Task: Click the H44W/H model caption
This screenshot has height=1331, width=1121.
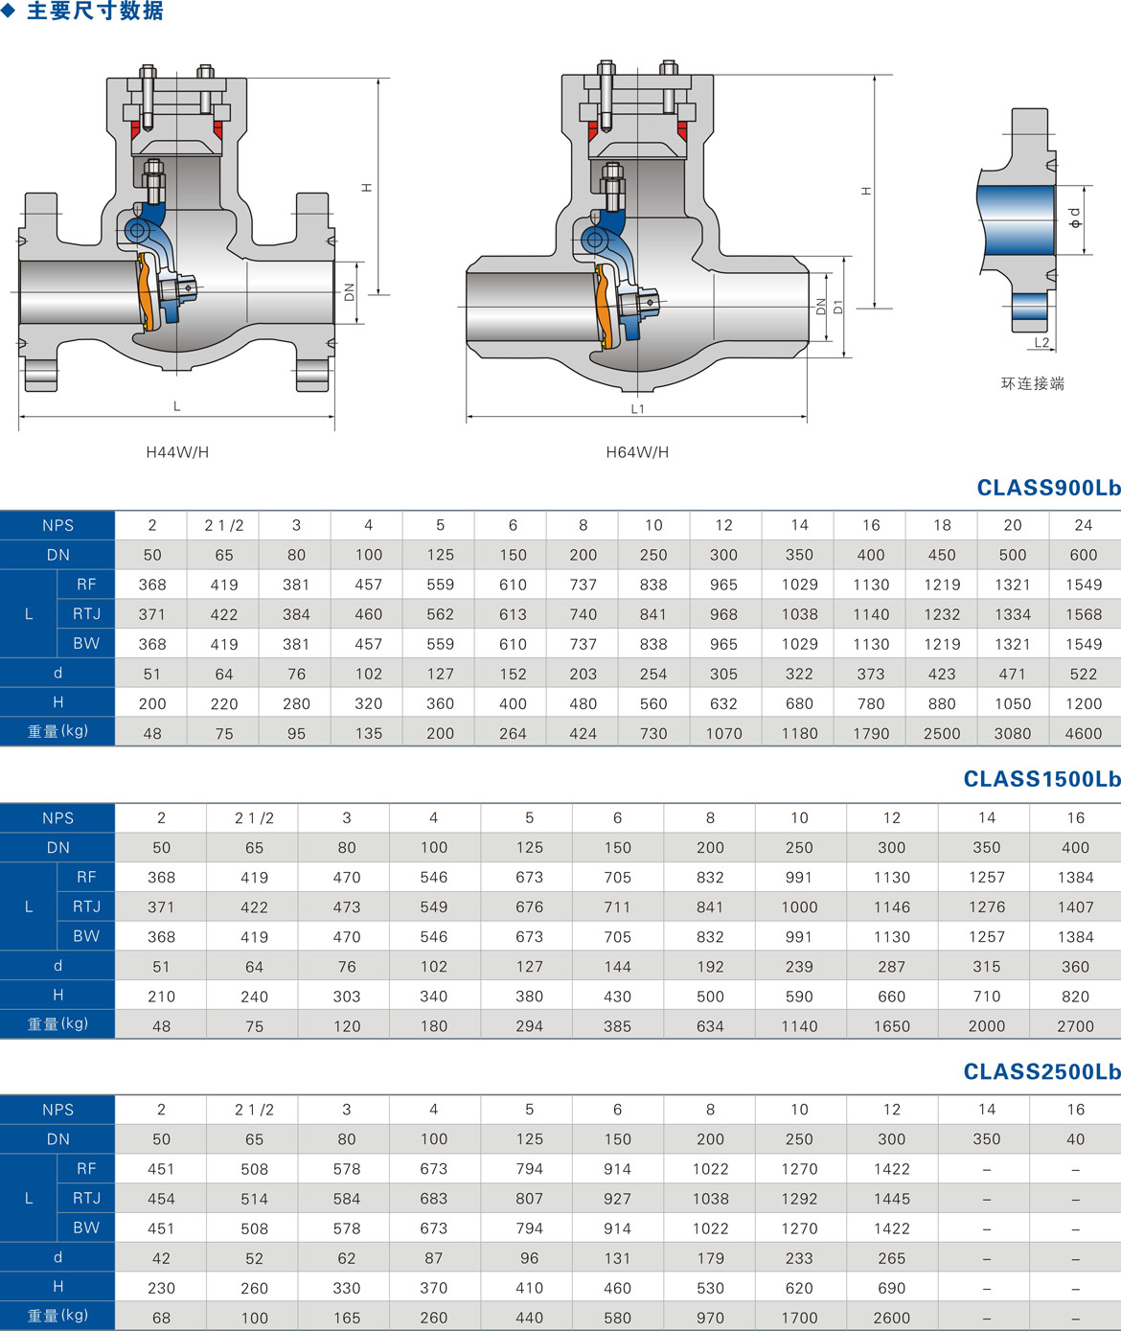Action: click(177, 452)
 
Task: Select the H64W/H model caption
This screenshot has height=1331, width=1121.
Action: click(637, 452)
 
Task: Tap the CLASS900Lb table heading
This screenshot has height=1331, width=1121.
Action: click(1048, 488)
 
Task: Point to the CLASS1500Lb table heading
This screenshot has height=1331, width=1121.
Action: click(1041, 779)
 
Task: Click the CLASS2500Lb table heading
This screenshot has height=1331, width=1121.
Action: click(1041, 1071)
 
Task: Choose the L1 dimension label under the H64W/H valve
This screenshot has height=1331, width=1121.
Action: click(637, 409)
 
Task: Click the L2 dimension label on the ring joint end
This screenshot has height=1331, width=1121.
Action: click(1041, 343)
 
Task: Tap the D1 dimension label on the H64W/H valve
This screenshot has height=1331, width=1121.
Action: click(838, 307)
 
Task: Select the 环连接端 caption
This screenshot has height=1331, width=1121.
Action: click(1033, 383)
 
